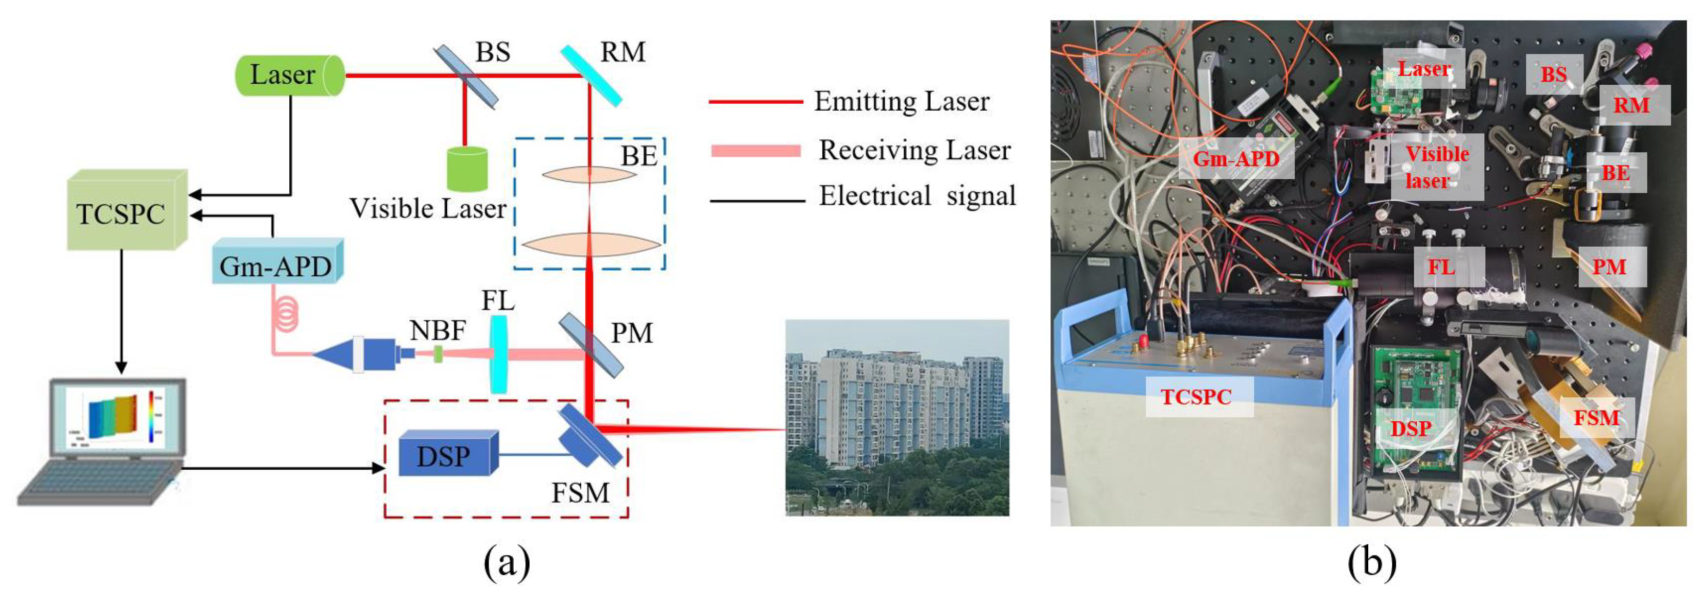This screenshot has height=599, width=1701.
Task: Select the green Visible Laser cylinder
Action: [x=466, y=170]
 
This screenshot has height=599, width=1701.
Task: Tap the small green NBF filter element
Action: [x=437, y=354]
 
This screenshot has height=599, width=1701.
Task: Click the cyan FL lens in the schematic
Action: [x=498, y=354]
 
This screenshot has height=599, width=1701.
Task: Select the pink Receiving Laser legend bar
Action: [x=755, y=151]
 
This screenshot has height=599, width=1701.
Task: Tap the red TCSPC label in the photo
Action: [x=1197, y=397]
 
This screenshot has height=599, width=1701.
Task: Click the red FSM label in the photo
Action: [x=1596, y=418]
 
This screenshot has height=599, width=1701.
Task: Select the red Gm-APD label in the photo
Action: [x=1235, y=159]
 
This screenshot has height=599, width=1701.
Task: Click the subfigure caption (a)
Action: [x=507, y=562]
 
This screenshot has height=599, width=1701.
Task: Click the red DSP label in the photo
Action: [x=1411, y=429]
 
